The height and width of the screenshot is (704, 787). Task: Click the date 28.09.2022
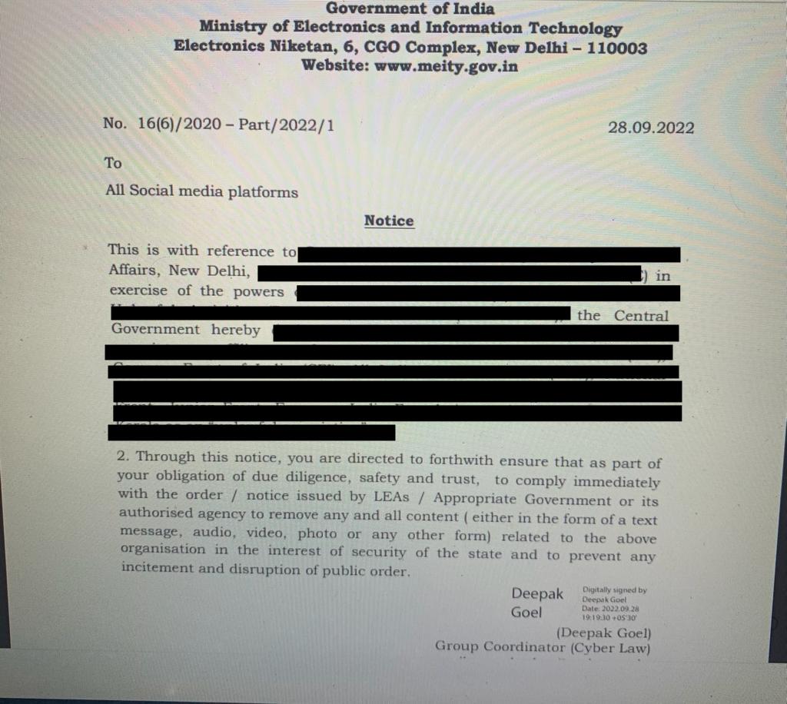[650, 128]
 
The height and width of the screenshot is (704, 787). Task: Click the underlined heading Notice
[389, 221]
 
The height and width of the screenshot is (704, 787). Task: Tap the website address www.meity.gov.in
[447, 65]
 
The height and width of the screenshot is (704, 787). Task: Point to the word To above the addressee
[113, 163]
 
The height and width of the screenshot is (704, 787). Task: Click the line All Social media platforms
[201, 191]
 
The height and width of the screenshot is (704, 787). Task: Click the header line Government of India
[410, 9]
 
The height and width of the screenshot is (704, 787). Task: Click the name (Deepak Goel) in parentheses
[603, 633]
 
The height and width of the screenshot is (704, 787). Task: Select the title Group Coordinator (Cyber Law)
[543, 647]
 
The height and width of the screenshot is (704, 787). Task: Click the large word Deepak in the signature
[537, 594]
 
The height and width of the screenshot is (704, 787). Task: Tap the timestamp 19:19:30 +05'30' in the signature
[609, 616]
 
